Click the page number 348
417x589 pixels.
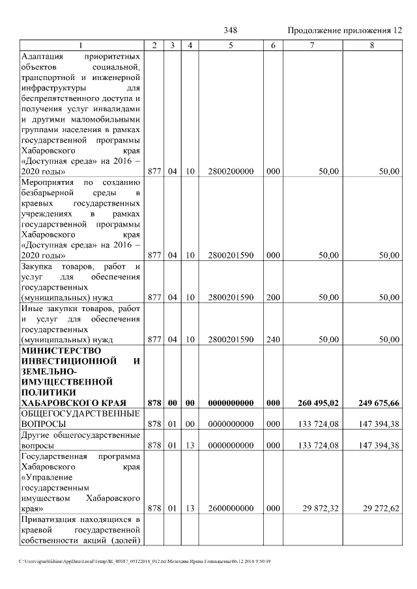(230, 31)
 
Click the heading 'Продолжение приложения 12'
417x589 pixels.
(345, 31)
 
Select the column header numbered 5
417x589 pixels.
(231, 45)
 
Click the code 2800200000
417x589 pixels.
(231, 171)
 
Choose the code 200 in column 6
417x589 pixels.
(274, 297)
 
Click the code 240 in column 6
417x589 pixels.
(274, 340)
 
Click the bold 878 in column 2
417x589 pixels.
(154, 404)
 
